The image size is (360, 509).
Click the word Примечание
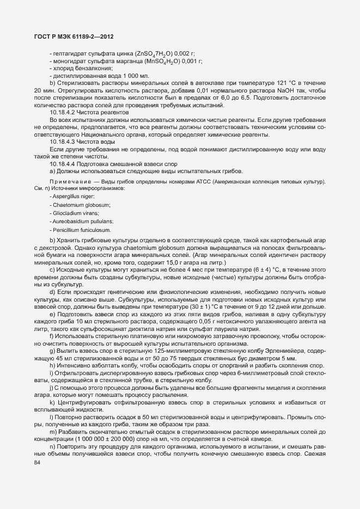pyautogui.click(x=69, y=181)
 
